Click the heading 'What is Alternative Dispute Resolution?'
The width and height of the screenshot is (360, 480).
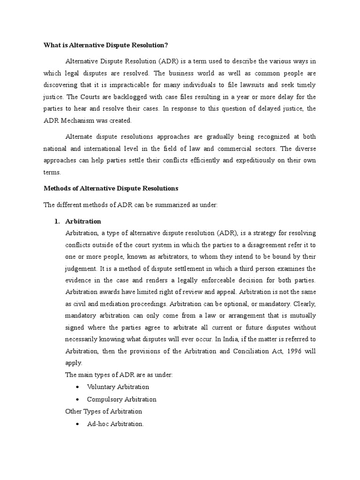tap(105, 45)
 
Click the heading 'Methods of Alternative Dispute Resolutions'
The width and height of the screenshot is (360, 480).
tap(111, 188)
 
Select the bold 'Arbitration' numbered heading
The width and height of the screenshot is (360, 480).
tap(83, 221)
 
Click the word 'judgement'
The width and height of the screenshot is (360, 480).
tap(81, 269)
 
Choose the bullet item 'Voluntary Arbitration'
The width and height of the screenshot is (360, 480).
tap(118, 387)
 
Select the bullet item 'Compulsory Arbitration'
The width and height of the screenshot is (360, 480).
tap(121, 400)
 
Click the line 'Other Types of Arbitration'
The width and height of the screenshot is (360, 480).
tap(104, 412)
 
